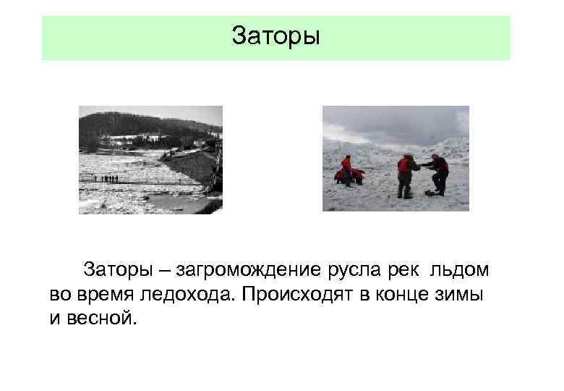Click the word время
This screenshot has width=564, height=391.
104,295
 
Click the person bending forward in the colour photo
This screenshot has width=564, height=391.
438,172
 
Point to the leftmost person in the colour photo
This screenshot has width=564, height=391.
346,172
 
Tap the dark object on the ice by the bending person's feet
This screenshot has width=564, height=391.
430,194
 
